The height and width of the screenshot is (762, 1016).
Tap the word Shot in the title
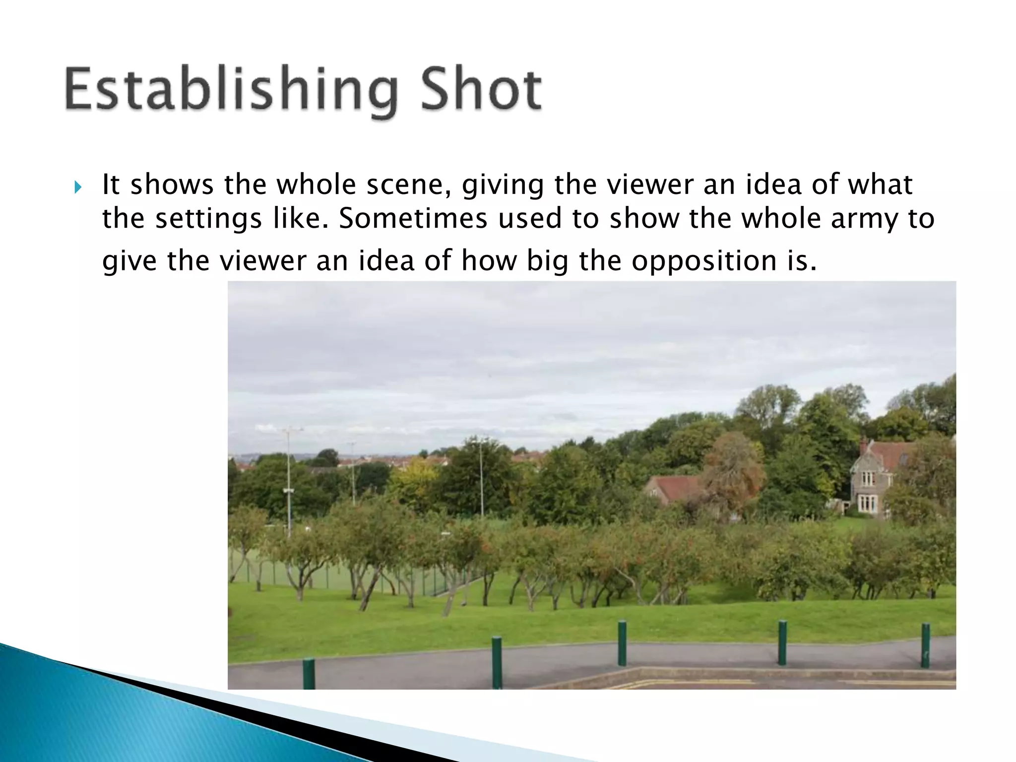tap(481, 91)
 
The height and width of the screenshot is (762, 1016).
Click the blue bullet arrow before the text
tap(78, 188)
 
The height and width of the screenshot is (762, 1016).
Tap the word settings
tap(208, 219)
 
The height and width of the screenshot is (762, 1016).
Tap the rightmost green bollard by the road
tap(925, 645)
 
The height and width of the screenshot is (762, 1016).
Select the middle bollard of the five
tap(622, 643)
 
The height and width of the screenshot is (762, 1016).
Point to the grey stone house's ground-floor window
tap(866, 504)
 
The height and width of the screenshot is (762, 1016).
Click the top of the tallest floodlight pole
tap(287, 430)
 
